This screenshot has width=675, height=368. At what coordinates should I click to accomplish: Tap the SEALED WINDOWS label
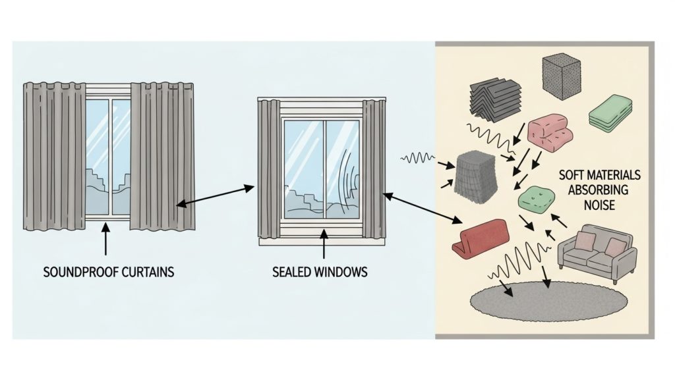coord(320,271)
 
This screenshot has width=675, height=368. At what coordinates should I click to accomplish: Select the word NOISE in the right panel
coord(599,205)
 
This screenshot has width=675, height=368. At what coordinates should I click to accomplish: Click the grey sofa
coord(597,253)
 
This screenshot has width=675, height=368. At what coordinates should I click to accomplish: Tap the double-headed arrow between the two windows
coord(215,197)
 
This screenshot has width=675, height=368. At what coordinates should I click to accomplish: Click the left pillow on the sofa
coord(585,242)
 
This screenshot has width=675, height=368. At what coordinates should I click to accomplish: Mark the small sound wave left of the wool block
coord(418,158)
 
